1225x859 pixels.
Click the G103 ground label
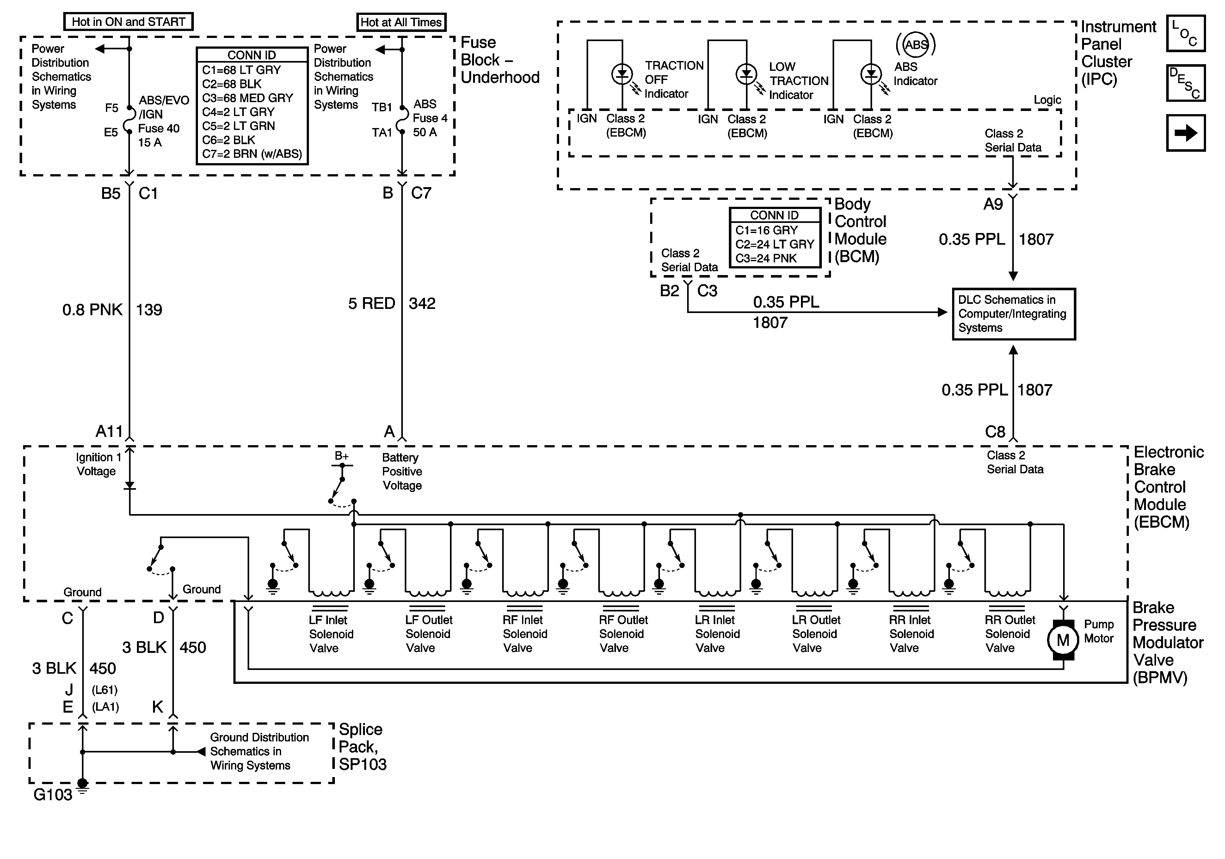point(53,795)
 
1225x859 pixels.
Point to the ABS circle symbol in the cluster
point(915,45)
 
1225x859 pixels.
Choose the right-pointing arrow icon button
point(1185,133)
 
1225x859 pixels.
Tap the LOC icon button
point(1185,33)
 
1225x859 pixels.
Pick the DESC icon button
point(1185,83)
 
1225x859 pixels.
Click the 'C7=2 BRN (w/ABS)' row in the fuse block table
point(252,154)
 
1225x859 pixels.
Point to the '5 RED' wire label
point(371,304)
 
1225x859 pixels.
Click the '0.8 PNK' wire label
point(92,310)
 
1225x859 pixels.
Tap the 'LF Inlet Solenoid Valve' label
point(331,634)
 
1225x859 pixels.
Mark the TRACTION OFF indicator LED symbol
point(622,74)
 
